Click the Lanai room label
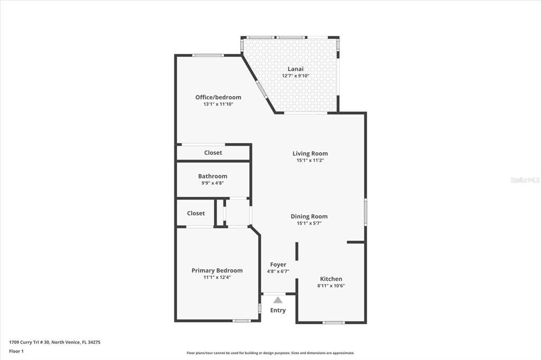point(296,69)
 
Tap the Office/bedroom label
point(218,97)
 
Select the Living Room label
point(310,154)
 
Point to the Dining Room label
point(309,216)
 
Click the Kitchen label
point(331,279)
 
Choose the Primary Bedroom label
point(217,270)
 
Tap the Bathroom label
point(212,176)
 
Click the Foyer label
point(278,264)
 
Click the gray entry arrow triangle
point(278,300)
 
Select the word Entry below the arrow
point(278,310)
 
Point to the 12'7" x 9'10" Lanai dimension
point(296,76)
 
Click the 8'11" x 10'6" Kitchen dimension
point(331,286)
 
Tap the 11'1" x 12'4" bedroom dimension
point(217,277)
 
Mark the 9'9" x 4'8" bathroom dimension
point(212,183)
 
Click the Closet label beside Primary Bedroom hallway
point(196,213)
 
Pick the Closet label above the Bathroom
point(213,153)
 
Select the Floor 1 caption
point(16,352)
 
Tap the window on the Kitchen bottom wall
point(334,323)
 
